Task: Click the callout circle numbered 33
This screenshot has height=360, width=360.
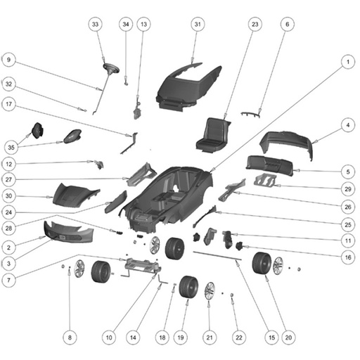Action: tap(95, 24)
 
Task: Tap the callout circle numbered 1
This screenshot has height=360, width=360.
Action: tap(348, 62)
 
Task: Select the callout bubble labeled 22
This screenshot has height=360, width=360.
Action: tap(239, 337)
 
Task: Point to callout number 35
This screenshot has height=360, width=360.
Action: tap(11, 148)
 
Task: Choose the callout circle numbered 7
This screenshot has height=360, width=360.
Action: tap(8, 280)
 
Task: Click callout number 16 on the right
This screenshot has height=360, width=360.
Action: tap(348, 257)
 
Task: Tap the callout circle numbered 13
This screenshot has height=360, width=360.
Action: tap(143, 24)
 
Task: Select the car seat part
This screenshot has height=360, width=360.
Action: tap(213, 135)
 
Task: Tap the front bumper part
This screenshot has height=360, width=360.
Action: tap(68, 231)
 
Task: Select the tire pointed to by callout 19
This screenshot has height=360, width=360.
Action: tap(188, 287)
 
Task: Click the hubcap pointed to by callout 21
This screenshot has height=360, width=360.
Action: tap(210, 292)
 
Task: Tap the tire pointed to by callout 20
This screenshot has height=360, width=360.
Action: tap(262, 263)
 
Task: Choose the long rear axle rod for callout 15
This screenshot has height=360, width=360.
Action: tap(217, 256)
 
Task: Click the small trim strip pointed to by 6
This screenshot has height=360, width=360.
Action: tap(250, 115)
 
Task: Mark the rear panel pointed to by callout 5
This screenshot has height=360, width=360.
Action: tap(269, 165)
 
